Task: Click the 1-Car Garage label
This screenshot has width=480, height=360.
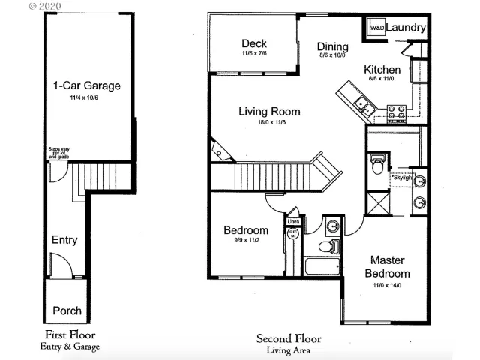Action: pyautogui.click(x=86, y=85)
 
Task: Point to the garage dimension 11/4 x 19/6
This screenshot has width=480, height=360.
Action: pyautogui.click(x=86, y=97)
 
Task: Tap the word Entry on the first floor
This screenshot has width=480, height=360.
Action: pyautogui.click(x=64, y=240)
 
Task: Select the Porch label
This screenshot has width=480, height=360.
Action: pyautogui.click(x=67, y=310)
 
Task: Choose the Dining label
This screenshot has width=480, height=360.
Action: pyautogui.click(x=332, y=46)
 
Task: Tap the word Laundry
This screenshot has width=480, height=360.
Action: pyautogui.click(x=407, y=28)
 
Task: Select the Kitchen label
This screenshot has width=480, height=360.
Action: pyautogui.click(x=382, y=70)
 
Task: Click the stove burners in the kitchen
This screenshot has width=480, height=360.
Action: pyautogui.click(x=396, y=113)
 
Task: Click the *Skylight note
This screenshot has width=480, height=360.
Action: pyautogui.click(x=403, y=178)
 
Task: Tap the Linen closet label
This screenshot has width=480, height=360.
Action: pyautogui.click(x=293, y=221)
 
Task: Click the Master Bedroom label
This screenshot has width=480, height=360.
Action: pyautogui.click(x=388, y=266)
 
